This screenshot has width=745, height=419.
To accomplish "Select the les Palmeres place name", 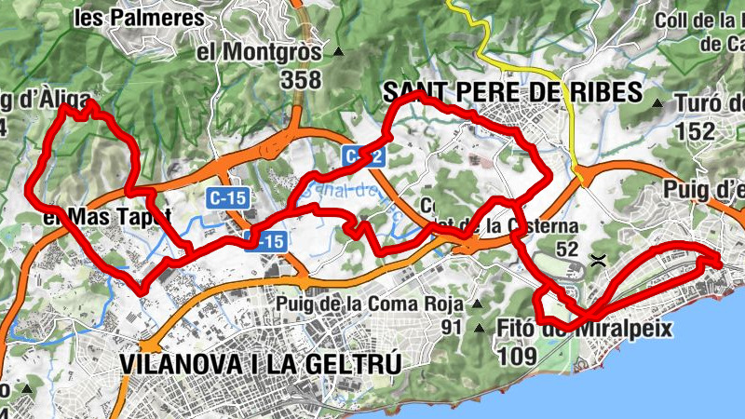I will [x=151, y=18].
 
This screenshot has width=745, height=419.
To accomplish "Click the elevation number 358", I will [x=300, y=80].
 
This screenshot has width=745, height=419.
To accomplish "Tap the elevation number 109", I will [x=517, y=355].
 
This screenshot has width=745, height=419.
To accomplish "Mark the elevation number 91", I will [x=452, y=327].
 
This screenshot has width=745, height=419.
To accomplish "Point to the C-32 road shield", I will [x=364, y=157].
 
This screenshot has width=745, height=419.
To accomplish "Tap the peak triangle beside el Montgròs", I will [x=338, y=53].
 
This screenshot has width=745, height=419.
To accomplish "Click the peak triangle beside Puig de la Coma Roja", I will [x=477, y=304].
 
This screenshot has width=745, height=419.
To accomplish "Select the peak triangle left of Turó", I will [x=657, y=102].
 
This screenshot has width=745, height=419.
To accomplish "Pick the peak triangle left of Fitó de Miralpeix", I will [x=480, y=328].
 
